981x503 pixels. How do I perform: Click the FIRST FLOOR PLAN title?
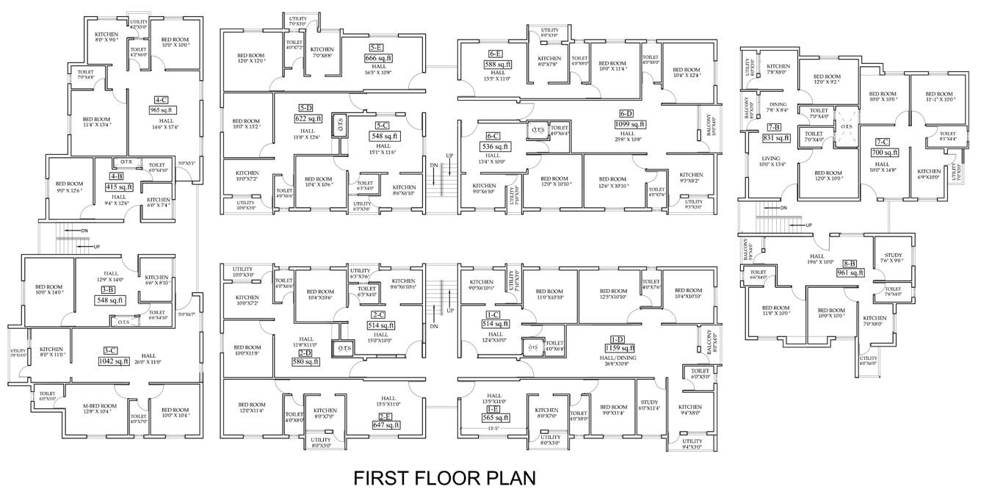(444, 478)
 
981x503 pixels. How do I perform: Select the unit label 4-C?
(160, 100)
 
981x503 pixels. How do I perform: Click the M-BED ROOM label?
(100, 406)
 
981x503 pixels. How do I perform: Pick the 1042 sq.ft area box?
(114, 361)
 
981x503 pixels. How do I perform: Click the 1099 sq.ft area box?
(626, 124)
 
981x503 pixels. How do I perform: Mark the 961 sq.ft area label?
(850, 272)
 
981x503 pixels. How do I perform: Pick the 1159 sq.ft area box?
(616, 348)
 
